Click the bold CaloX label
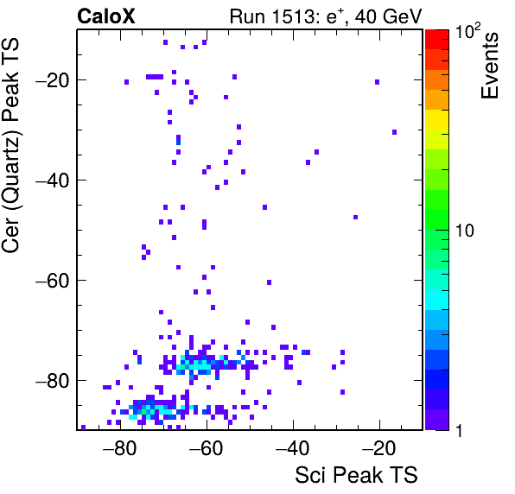[106, 16]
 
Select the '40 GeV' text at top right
[388, 16]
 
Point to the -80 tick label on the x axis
[119, 448]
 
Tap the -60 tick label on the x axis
[206, 448]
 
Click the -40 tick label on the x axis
[292, 448]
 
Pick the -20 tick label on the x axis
[378, 448]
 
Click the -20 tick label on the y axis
[53, 79]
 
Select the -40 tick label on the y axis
[53, 180]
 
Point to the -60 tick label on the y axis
[53, 281]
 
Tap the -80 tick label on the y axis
[53, 381]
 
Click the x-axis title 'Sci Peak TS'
[356, 475]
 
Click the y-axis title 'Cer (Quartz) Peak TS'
[11, 145]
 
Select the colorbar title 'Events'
[489, 66]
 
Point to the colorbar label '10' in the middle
[465, 231]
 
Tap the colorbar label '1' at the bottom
[459, 430]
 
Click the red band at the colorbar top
[437, 40]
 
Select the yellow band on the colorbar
[437, 119]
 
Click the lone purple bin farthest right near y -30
[395, 132]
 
